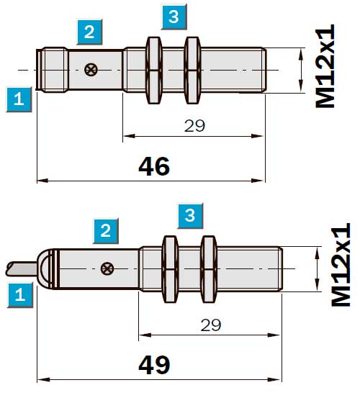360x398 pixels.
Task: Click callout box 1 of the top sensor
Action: tap(19, 99)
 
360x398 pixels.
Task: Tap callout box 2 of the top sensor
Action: tap(89, 32)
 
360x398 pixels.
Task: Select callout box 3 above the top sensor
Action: tap(174, 17)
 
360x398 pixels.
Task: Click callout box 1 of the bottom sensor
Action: tap(20, 295)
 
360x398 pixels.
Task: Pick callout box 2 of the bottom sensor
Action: tap(106, 231)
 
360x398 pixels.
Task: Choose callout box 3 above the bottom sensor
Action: tap(190, 216)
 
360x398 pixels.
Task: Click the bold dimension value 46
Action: tap(154, 166)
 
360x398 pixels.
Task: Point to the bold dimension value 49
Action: tap(154, 365)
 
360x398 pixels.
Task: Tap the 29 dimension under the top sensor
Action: tap(194, 126)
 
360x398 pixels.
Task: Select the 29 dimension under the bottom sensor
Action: tap(211, 325)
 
